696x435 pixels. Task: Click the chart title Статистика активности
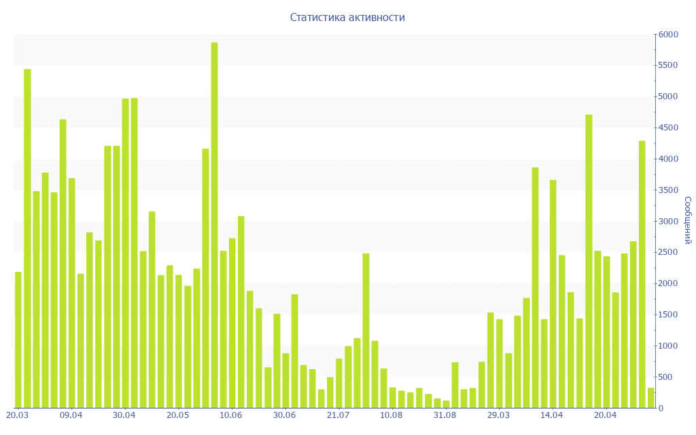pyautogui.click(x=347, y=18)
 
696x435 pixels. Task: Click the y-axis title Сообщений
pyautogui.click(x=687, y=220)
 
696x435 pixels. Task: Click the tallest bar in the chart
pyautogui.click(x=214, y=224)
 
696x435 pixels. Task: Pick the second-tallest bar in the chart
pyautogui.click(x=27, y=238)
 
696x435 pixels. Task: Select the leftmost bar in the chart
pyautogui.click(x=18, y=340)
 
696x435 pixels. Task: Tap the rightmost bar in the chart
pyautogui.click(x=650, y=398)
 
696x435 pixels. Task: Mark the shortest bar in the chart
pyautogui.click(x=446, y=404)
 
